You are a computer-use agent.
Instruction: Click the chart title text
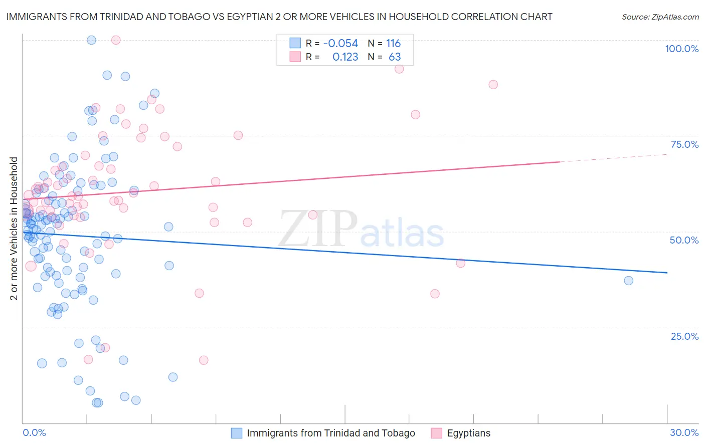tap(279, 17)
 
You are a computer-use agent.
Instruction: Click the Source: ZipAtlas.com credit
tap(660, 17)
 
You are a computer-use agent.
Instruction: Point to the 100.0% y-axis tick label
tap(681, 49)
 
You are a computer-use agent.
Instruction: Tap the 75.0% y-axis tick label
tap(684, 144)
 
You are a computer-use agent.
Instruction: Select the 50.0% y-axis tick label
tap(684, 240)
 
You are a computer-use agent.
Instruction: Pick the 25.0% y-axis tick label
tap(684, 336)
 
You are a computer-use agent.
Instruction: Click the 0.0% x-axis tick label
tap(34, 432)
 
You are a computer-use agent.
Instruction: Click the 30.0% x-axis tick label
tap(684, 432)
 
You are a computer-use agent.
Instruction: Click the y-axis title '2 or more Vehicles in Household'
tap(14, 229)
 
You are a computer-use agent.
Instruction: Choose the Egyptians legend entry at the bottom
tap(468, 433)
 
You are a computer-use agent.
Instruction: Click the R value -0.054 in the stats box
tap(340, 44)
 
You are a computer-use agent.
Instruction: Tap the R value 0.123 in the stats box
tap(345, 57)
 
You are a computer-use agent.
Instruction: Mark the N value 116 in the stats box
tap(393, 44)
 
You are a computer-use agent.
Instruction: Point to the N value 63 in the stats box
tap(395, 57)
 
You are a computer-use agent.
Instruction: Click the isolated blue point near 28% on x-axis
tap(628, 281)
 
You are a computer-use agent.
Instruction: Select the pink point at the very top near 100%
tap(116, 40)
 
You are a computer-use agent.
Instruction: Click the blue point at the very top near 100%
tap(91, 40)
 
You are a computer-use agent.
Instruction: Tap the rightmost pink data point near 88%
tap(493, 85)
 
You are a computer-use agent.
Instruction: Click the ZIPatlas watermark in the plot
tap(361, 230)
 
